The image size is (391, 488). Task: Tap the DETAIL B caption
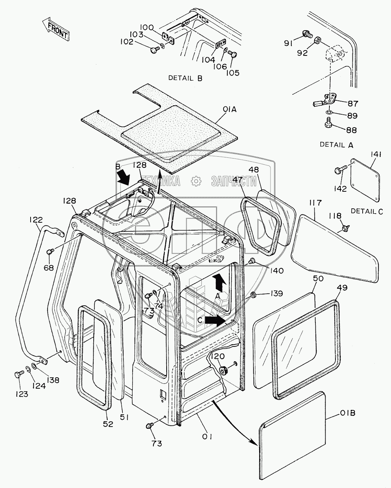(x=185, y=79)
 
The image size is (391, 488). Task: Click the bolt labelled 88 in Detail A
(x=328, y=123)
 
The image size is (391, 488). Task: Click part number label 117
(x=316, y=203)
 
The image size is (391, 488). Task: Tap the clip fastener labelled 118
(x=345, y=227)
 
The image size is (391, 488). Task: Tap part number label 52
(x=108, y=424)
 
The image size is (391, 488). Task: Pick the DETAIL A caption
(x=337, y=144)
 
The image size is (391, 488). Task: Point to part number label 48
(x=254, y=170)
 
